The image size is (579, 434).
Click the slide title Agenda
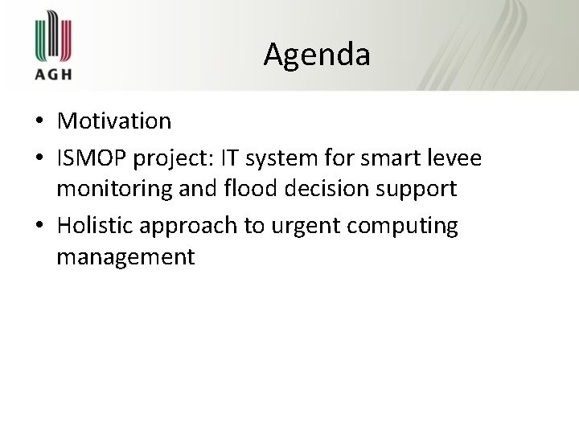[317, 55]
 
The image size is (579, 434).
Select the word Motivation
[114, 121]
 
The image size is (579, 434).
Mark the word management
[125, 257]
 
